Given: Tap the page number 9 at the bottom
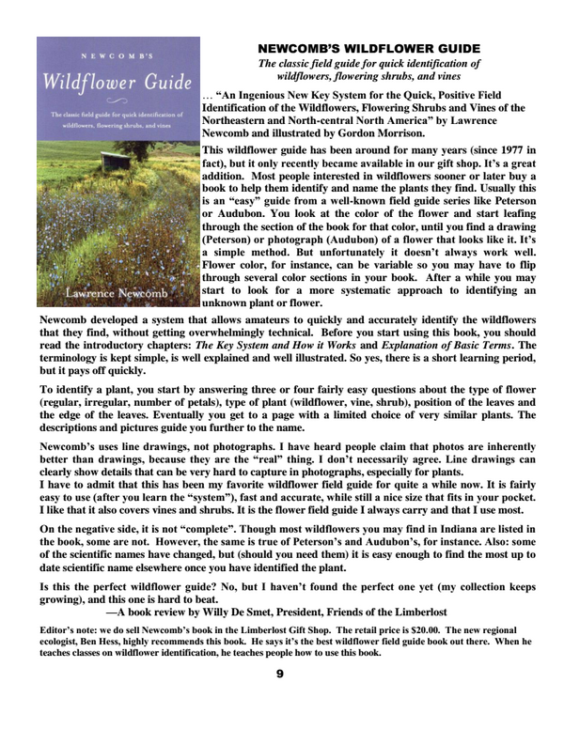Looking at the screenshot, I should point(281,674).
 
